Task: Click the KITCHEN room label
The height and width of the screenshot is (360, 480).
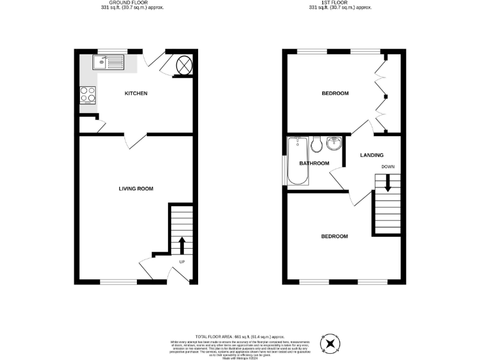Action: (136, 94)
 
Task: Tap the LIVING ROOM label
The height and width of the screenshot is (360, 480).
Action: (136, 189)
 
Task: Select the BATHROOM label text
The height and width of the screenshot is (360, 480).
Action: (314, 164)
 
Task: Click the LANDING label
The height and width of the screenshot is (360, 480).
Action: (372, 155)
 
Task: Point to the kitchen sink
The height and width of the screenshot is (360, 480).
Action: (109, 62)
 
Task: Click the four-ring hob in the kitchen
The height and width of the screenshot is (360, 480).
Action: (87, 94)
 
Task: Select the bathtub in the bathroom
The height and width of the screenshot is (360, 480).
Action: (296, 161)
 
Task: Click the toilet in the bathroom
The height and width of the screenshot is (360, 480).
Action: (316, 144)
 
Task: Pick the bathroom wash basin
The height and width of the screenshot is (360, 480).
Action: (333, 144)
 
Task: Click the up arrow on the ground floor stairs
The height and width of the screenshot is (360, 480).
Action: (182, 244)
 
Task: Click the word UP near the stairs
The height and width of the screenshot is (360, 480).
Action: (182, 262)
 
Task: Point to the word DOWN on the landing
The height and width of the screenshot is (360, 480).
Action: (387, 167)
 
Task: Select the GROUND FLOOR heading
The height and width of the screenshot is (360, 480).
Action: (136, 2)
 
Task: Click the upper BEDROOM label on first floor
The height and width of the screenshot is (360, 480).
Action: (335, 94)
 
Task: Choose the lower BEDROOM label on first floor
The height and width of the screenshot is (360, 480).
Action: (334, 236)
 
